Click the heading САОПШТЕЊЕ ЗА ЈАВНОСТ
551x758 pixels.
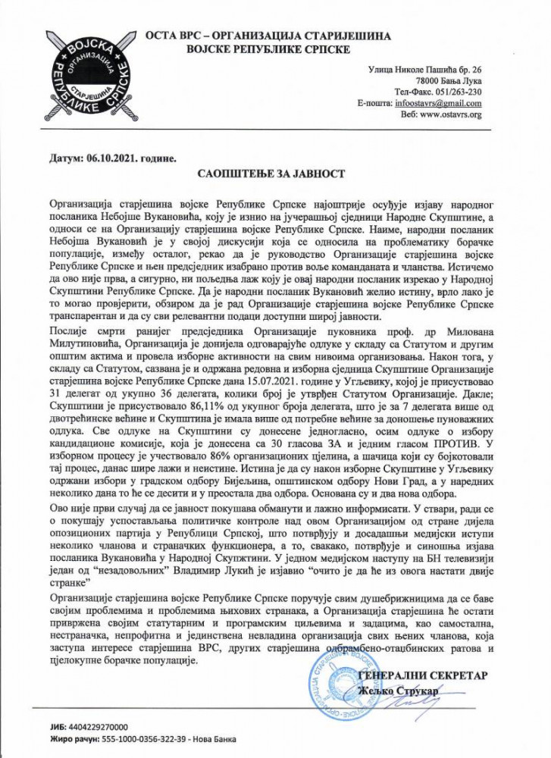[276, 174]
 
